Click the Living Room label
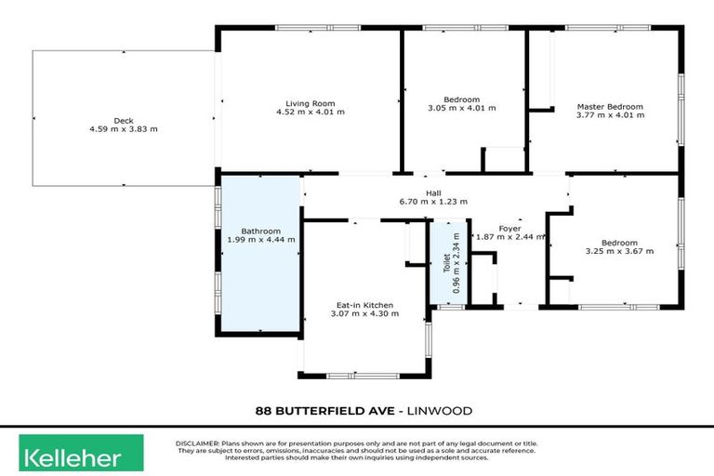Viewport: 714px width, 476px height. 310,102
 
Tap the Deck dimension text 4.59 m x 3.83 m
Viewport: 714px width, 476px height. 124,128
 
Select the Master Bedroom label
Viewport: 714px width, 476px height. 609,107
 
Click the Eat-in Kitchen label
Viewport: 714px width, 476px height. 364,305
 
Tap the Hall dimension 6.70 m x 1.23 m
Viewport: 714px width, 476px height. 433,201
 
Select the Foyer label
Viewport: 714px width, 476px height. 509,228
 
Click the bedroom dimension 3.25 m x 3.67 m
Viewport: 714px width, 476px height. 619,251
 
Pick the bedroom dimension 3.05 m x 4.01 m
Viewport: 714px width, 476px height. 461,108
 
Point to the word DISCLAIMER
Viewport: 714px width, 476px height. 197,443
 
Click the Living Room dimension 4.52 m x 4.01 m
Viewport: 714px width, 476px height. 310,112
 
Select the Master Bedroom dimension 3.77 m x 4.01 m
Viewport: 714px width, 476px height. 609,116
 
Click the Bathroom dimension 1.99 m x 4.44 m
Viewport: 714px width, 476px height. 260,239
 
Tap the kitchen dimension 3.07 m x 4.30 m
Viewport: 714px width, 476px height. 364,314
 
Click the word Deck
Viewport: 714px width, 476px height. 124,120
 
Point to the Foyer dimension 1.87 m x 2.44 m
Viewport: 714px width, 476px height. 509,237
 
